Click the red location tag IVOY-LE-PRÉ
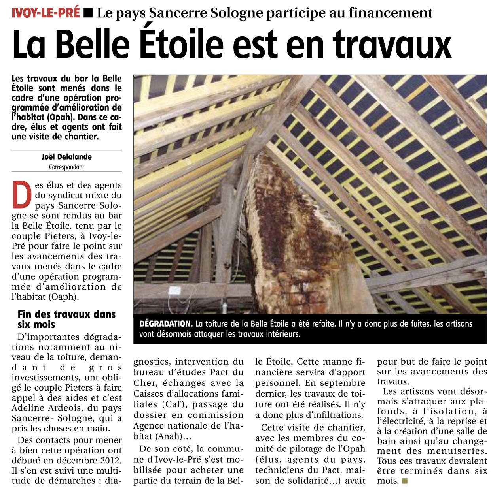click(x=46, y=13)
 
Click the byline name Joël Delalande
click(x=66, y=157)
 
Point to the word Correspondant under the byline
click(x=66, y=167)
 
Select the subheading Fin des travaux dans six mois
click(x=66, y=319)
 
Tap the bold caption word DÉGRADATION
click(x=166, y=324)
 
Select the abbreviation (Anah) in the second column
click(x=168, y=436)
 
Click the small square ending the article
click(x=404, y=481)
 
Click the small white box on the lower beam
click(x=174, y=291)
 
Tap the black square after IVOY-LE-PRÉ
click(x=89, y=13)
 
